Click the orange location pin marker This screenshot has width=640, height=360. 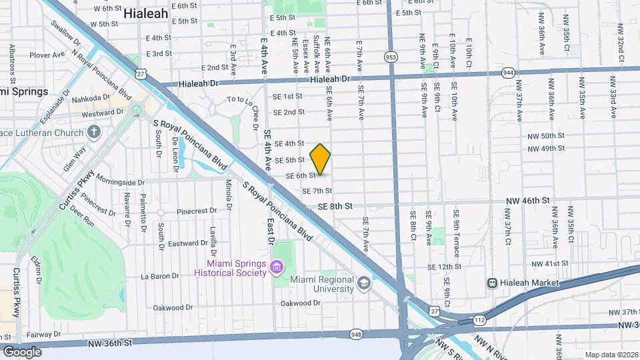point(321,159)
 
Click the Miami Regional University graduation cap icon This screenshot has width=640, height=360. point(363,284)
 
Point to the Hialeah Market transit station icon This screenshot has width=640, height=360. point(493,283)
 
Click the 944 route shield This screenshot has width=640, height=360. point(509,72)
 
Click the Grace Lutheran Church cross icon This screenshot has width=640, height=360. point(94,131)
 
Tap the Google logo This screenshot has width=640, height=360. point(22,351)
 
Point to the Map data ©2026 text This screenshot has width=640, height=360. point(611,355)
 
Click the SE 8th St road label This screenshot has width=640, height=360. point(335,207)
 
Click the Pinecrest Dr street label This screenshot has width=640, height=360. point(197,211)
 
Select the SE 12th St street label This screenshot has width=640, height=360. point(445,267)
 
